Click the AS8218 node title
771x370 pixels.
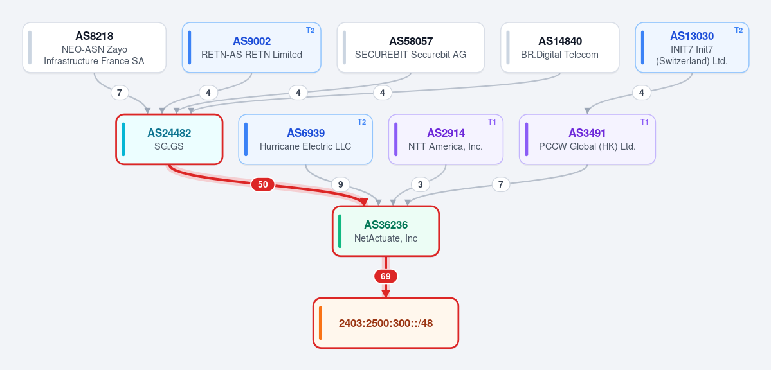point(95,36)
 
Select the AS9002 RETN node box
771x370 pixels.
point(251,47)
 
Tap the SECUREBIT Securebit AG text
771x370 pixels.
point(410,55)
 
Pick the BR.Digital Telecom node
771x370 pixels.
point(559,47)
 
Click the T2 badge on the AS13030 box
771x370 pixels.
point(739,30)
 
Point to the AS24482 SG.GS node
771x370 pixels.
point(169,139)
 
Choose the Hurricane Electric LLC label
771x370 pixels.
point(305,146)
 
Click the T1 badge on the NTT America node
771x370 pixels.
point(492,122)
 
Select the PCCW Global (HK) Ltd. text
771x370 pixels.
point(587,146)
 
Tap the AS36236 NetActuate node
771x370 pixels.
point(386,231)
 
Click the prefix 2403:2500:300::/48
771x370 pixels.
point(386,323)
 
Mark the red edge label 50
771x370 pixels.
point(263,185)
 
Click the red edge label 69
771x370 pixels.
point(386,277)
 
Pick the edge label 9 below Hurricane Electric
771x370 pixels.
point(340,185)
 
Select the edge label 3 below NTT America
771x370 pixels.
point(420,185)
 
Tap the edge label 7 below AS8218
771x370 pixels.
point(120,92)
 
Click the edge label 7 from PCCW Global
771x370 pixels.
point(500,185)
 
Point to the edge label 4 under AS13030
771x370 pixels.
point(641,92)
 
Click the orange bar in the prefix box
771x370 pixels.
point(321,323)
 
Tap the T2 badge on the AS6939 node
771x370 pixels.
point(361,122)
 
